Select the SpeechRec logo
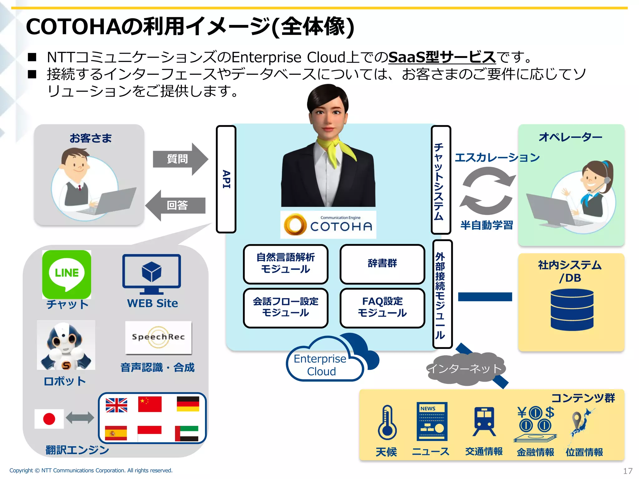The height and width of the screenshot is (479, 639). (x=158, y=337)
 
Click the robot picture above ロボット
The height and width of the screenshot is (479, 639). (x=66, y=345)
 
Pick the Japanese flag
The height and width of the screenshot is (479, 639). (x=49, y=419)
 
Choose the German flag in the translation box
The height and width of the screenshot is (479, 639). (x=188, y=404)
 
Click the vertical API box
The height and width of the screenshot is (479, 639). (x=226, y=179)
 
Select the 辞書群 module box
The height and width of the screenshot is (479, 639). (x=382, y=264)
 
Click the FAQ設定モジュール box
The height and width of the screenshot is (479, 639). (x=382, y=308)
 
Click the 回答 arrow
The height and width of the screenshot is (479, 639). (x=176, y=206)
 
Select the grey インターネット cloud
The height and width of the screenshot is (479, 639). (x=465, y=369)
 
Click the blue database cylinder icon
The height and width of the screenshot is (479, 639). (x=572, y=309)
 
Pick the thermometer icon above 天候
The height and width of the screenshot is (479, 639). (x=387, y=423)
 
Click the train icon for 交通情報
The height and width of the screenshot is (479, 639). (x=484, y=421)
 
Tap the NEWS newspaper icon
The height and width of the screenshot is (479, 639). (x=432, y=421)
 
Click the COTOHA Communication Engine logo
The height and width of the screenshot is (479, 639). (x=328, y=225)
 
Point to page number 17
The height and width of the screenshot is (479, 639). (x=627, y=471)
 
